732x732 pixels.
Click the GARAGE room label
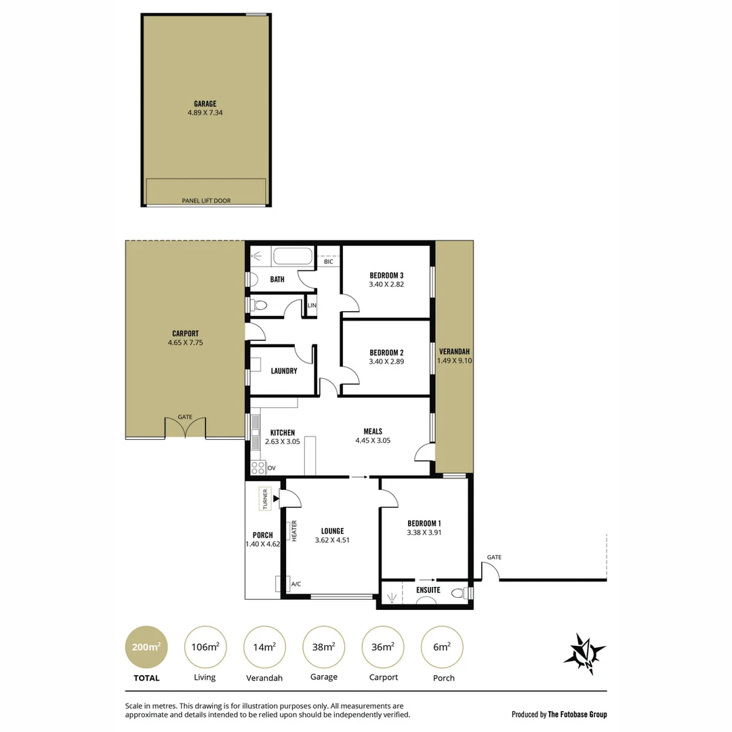[205, 104]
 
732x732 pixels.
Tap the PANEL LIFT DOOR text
[206, 201]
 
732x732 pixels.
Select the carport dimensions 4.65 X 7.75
[185, 343]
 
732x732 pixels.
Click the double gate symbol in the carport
[185, 428]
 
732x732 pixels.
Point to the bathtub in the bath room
[293, 257]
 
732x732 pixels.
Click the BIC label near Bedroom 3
[329, 262]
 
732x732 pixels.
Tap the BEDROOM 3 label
[386, 275]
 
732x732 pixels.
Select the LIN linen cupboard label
[311, 306]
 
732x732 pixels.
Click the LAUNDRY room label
[283, 371]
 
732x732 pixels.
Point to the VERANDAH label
[454, 352]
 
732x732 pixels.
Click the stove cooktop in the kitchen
[258, 467]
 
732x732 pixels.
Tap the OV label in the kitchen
[272, 468]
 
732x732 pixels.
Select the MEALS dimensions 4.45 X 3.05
[372, 441]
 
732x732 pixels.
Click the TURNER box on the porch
[265, 500]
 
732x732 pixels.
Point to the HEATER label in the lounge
[295, 530]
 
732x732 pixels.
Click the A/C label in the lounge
[296, 584]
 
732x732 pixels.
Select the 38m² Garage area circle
[323, 647]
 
